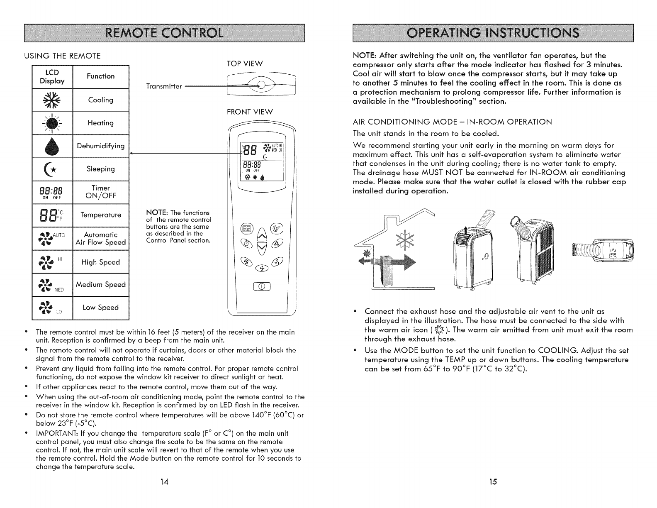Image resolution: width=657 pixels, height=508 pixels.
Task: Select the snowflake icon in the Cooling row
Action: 52,100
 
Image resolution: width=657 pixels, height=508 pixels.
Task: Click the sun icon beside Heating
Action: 52,123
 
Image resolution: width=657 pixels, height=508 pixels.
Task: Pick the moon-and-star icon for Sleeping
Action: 52,169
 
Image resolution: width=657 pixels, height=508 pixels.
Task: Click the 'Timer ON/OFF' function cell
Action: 101,192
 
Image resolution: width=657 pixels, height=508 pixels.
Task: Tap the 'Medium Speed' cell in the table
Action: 101,285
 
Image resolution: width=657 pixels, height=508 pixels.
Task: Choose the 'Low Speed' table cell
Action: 101,308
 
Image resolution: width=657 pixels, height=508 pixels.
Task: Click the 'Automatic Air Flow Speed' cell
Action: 101,239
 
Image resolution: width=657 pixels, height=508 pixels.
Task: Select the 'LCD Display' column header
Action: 52,76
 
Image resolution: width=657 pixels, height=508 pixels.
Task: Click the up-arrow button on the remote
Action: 262,237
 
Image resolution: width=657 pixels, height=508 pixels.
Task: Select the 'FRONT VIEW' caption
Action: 250,112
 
